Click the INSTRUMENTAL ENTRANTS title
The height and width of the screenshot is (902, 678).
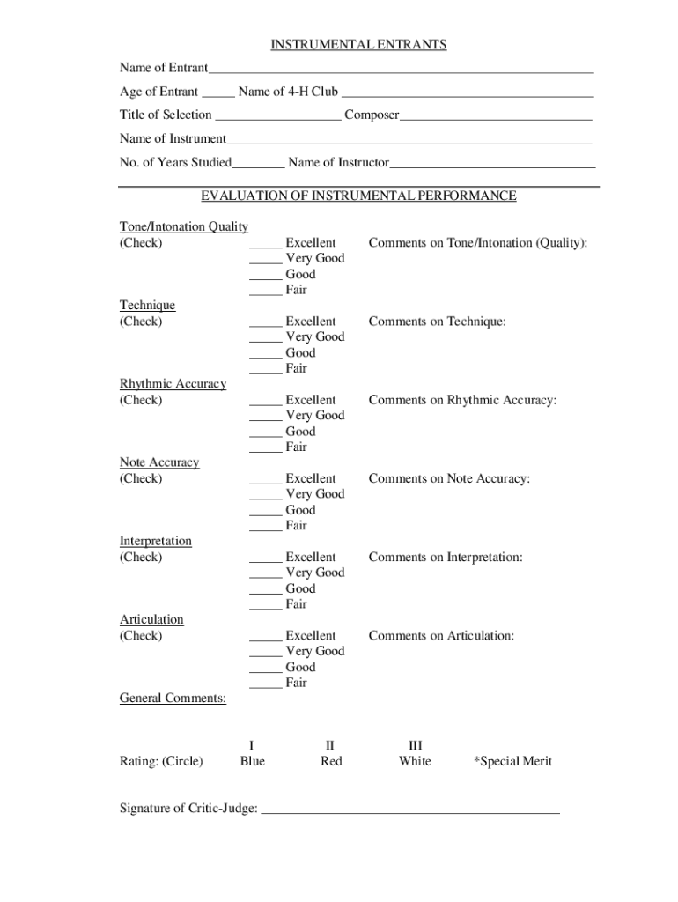[358, 45]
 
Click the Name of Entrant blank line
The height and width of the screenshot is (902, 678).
[401, 70]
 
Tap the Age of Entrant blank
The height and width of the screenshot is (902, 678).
[217, 93]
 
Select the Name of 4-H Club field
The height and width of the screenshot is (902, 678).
[467, 93]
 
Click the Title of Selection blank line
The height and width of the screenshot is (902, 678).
[278, 117]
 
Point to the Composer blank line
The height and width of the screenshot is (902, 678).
[496, 117]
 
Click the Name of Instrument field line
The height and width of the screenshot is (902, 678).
[409, 141]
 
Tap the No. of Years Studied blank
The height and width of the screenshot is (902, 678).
[259, 165]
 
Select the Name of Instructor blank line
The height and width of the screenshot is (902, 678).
[492, 165]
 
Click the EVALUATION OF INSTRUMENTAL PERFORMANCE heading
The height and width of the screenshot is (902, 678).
[358, 196]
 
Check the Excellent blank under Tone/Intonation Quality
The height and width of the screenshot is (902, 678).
[265, 245]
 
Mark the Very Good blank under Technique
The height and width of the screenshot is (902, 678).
[265, 339]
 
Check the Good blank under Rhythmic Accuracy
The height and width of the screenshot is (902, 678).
[265, 433]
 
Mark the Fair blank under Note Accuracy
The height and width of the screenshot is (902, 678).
[265, 528]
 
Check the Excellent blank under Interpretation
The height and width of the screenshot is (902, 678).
[265, 559]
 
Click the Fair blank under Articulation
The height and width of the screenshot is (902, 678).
[265, 685]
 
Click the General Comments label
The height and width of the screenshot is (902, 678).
[173, 699]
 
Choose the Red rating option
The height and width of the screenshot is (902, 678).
[331, 761]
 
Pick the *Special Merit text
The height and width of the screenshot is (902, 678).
[512, 761]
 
